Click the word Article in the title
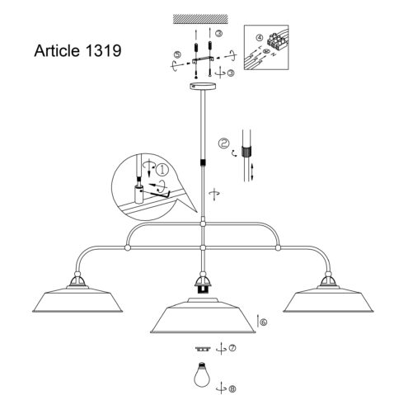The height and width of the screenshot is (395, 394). coord(57,50)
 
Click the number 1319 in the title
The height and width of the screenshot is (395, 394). coord(103,50)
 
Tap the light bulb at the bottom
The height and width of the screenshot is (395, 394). coord(202,374)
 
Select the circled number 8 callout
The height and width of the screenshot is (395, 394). coord(232,388)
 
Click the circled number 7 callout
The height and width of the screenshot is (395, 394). coord(232,348)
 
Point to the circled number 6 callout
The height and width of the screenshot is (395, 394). coord(263,322)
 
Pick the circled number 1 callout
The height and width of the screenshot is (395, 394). coord(162,170)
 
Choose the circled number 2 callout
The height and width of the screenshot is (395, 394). coord(224,143)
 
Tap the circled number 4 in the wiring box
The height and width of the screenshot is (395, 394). coord(259,38)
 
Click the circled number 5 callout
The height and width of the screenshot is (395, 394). coord(177,54)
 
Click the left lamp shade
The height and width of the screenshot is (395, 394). coord(77,299)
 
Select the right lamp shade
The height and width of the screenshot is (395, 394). coord(328,299)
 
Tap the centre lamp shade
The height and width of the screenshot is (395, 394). coord(203,316)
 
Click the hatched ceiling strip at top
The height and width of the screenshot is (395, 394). coord(200,19)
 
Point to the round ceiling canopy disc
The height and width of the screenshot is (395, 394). coord(203,86)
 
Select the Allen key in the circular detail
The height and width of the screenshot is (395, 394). coord(157,193)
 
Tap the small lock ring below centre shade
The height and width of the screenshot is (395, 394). coord(203,349)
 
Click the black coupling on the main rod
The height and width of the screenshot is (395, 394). coord(203,162)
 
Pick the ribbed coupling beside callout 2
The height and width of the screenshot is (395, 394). coord(246,152)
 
